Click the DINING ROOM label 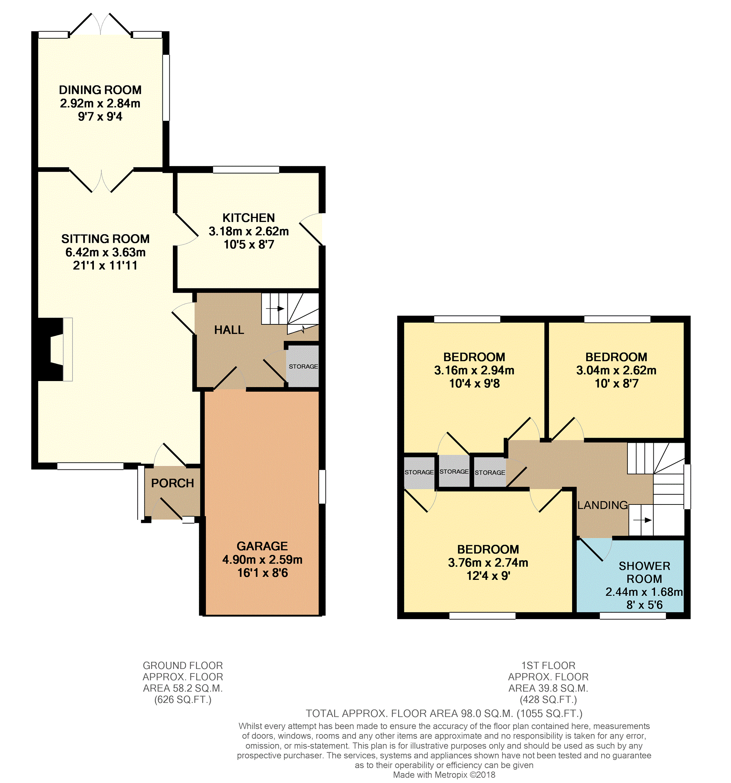[x=100, y=90]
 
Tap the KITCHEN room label [x=249, y=218]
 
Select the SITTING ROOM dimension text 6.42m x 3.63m [x=105, y=252]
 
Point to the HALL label [x=229, y=330]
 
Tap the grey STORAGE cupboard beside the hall [x=303, y=366]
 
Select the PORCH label [x=173, y=483]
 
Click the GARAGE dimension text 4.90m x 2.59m [x=262, y=559]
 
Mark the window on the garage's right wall [x=322, y=486]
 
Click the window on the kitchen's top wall [x=246, y=170]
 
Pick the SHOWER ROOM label [x=644, y=572]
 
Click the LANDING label [x=602, y=505]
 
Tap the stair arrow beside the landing [x=642, y=520]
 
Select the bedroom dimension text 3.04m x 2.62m [x=616, y=370]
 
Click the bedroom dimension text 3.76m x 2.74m [x=488, y=563]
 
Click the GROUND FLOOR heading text [x=183, y=666]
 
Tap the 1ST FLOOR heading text [x=548, y=666]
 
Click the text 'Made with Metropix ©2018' [x=444, y=775]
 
